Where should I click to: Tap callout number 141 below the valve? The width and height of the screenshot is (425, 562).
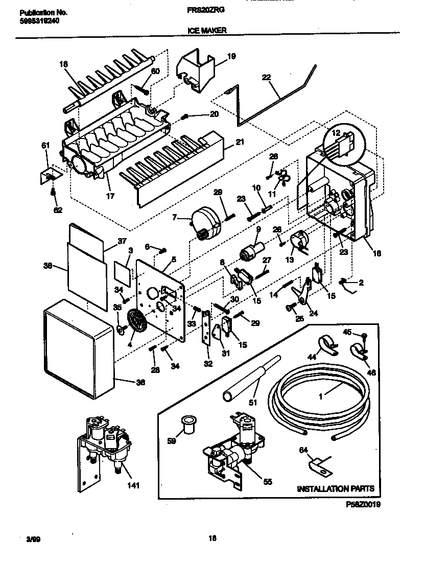[x=133, y=485]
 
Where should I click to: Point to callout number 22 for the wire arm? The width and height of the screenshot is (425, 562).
[x=266, y=77]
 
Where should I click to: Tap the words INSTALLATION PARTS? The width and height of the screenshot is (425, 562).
[x=336, y=488]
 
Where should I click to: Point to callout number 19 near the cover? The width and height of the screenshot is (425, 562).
[x=230, y=57]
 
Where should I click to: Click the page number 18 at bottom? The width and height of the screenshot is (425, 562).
[x=212, y=537]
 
